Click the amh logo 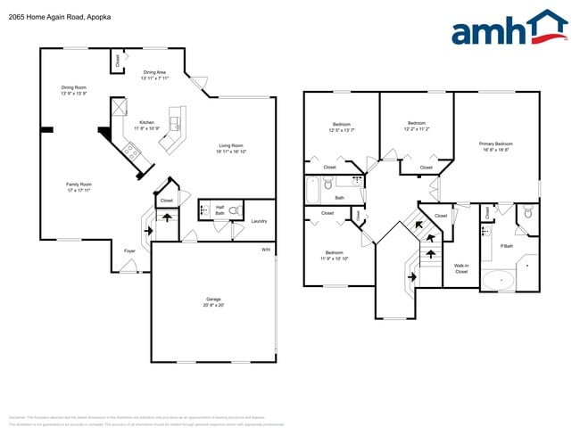[509, 29]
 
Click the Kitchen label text [146, 124]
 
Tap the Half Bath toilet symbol [235, 210]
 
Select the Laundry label [260, 221]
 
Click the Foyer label [129, 250]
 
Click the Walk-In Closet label [461, 268]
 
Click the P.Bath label [506, 247]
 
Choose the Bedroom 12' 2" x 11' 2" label [416, 126]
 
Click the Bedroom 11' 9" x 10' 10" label [334, 255]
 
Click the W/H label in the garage [266, 250]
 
